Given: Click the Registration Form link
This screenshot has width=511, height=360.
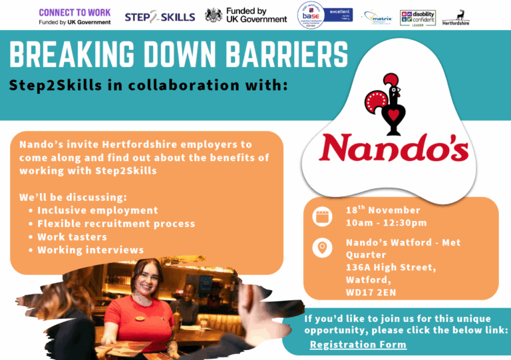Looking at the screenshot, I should pos(358,345).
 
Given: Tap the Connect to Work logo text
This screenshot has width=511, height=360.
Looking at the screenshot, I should pos(75,13).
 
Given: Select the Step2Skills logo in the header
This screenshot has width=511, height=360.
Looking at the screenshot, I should pos(160,16).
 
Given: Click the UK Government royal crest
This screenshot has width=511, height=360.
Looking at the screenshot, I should pos(214,15).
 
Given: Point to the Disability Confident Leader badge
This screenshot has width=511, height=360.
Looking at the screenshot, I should pos(418,17).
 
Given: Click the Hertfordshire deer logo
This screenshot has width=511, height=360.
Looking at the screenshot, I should pos(456,17).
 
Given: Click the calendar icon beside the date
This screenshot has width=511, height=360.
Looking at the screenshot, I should pos(322,216).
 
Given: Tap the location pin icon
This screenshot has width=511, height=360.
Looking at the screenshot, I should pos(322,248).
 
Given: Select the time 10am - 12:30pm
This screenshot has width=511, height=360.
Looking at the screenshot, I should pos(386,222).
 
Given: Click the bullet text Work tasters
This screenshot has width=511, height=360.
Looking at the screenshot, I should pos(72,237).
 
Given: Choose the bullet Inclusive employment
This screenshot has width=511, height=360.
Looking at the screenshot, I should pos(97,210).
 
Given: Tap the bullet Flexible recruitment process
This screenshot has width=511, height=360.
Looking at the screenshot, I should pos(116,224).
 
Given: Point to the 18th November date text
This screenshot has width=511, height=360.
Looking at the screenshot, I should pos(383,210).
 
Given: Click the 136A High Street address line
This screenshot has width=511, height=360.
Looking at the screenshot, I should pos(391,267).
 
